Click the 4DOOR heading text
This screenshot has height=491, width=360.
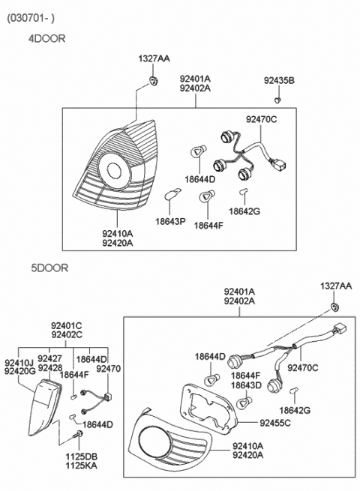click(x=46, y=37)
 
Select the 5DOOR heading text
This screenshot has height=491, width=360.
click(x=46, y=268)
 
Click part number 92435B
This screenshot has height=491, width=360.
click(x=279, y=81)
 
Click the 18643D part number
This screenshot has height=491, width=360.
click(x=246, y=385)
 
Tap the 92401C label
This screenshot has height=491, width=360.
click(x=67, y=325)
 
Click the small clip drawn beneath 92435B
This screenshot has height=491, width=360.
click(x=277, y=95)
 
